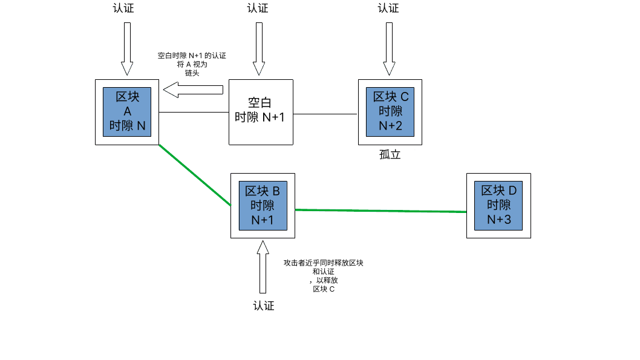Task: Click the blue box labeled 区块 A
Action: [x=127, y=112]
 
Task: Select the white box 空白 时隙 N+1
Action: [x=260, y=111]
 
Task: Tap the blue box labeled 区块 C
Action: [x=390, y=111]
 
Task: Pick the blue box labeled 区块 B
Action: [x=263, y=206]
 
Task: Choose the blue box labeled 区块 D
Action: [x=498, y=205]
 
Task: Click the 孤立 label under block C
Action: [x=390, y=154]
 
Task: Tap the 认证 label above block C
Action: [x=388, y=8]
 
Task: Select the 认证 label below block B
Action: [x=264, y=306]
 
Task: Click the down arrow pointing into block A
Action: [x=127, y=48]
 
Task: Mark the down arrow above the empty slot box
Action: [x=259, y=48]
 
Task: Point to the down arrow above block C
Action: [x=389, y=48]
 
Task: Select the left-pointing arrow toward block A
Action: [x=194, y=90]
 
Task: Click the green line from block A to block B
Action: [x=195, y=175]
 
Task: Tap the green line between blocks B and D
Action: [x=381, y=211]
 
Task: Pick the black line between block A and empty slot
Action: [x=194, y=113]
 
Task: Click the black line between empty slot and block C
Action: [x=325, y=113]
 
